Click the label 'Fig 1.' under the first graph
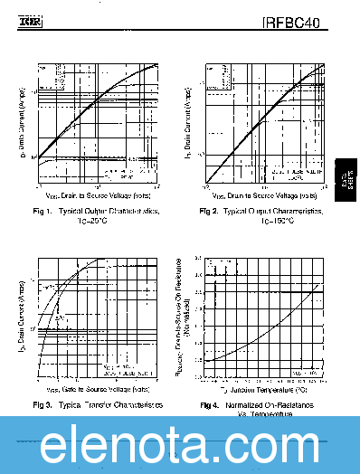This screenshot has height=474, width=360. click(x=43, y=211)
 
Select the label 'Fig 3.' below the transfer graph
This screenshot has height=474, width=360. click(x=43, y=403)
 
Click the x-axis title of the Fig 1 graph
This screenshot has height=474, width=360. click(x=98, y=195)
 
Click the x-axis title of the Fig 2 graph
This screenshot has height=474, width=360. click(x=265, y=195)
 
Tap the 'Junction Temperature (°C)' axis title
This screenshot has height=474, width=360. click(x=265, y=389)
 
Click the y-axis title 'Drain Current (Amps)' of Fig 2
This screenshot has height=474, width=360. click(x=187, y=127)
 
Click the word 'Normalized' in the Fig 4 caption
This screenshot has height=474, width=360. click(x=249, y=404)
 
